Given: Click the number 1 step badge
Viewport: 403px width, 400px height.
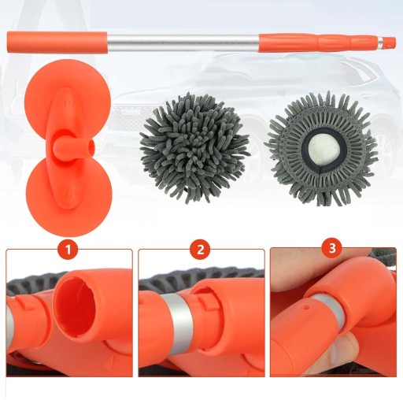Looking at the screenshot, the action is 68,250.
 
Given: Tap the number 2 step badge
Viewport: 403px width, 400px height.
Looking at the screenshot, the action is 201,250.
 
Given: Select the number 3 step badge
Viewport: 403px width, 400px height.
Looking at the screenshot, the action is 332,248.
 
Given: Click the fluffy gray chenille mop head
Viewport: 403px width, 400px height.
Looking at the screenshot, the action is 194,148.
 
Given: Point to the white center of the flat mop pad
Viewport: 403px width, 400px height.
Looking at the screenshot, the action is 320,152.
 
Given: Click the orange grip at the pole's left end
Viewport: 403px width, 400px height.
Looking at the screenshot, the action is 57,42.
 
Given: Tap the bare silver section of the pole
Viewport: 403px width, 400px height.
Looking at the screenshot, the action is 183,42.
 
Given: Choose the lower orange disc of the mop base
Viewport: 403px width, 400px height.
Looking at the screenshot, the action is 68,199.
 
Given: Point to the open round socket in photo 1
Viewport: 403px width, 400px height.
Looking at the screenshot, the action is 76,307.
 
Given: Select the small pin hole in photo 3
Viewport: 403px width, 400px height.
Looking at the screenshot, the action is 306,306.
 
